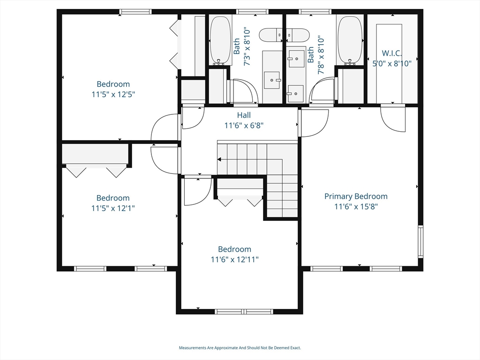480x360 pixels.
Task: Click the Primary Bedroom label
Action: pyautogui.click(x=356, y=196)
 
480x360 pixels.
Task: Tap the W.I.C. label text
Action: pyautogui.click(x=392, y=53)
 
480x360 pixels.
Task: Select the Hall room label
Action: pyautogui.click(x=244, y=115)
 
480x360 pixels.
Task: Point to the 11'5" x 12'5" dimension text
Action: pyautogui.click(x=113, y=94)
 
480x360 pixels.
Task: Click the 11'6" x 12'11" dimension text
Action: pyautogui.click(x=234, y=259)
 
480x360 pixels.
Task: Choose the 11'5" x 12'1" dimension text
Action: pyautogui.click(x=113, y=208)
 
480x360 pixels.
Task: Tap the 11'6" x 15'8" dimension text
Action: pyautogui.click(x=356, y=206)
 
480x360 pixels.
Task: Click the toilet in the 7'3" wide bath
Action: pyautogui.click(x=271, y=35)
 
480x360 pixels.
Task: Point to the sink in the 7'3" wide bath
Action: pyautogui.click(x=272, y=80)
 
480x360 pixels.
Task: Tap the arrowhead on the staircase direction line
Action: pyautogui.click(x=219, y=159)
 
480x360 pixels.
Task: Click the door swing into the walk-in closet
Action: pyautogui.click(x=393, y=119)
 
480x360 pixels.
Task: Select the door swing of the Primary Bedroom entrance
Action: pyautogui.click(x=314, y=122)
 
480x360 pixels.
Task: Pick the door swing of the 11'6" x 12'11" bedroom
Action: pyautogui.click(x=198, y=191)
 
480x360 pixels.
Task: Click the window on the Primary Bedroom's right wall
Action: pyautogui.click(x=420, y=241)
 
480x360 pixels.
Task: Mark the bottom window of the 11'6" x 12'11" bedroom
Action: pyautogui.click(x=244, y=312)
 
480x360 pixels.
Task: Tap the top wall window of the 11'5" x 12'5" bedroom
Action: pyautogui.click(x=135, y=12)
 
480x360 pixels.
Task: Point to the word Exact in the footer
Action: pyautogui.click(x=296, y=348)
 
